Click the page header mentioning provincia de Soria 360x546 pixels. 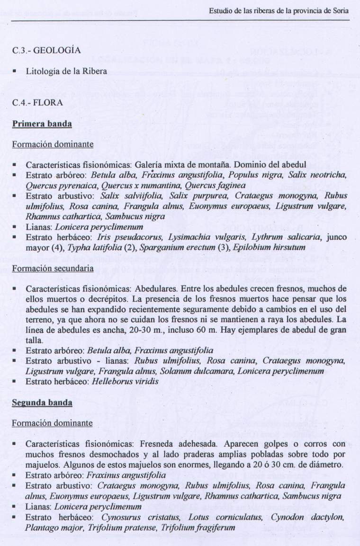click(279, 11)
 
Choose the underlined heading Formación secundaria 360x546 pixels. click(53, 268)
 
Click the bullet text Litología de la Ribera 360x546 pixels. click(66, 72)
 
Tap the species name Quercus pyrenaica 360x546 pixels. click(52, 185)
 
